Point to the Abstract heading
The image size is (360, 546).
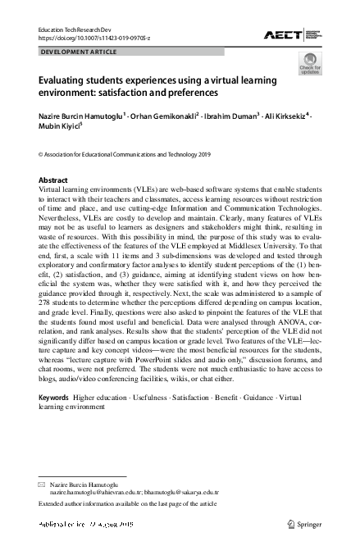click(54, 180)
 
